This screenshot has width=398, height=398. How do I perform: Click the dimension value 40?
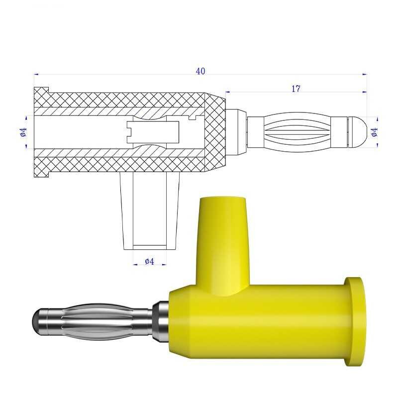click(x=200, y=71)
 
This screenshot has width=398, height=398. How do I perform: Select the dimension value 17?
click(x=296, y=89)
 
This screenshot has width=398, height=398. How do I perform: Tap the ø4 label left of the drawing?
click(x=22, y=132)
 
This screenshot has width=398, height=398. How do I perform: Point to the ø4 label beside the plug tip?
click(x=375, y=132)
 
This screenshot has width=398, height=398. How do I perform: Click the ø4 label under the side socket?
click(x=149, y=261)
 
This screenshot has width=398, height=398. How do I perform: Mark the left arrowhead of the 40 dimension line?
click(x=36, y=75)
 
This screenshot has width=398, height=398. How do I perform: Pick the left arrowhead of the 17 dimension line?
click(x=227, y=92)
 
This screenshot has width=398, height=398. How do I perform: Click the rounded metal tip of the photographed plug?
click(x=40, y=323)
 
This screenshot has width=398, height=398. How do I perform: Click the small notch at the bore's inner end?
click(x=196, y=118)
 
